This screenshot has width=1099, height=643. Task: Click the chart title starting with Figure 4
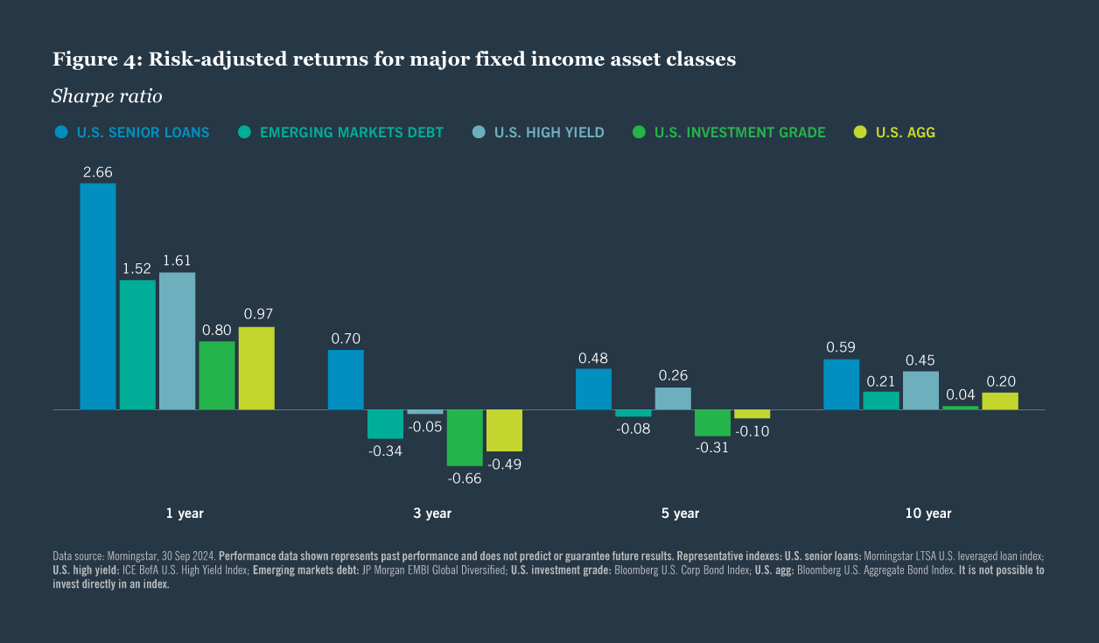(394, 59)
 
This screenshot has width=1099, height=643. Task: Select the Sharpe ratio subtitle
(107, 96)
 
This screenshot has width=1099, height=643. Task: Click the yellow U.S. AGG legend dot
(860, 133)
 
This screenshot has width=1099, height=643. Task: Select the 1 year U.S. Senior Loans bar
(98, 297)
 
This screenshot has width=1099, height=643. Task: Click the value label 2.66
(98, 172)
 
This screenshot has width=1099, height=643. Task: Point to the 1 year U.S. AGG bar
(256, 368)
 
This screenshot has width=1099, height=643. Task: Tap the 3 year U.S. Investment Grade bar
(465, 437)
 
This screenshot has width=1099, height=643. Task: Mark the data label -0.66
(465, 479)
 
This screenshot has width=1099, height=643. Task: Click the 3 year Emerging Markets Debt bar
(385, 423)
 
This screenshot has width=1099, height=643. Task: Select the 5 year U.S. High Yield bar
(673, 399)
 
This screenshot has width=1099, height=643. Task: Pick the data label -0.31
(712, 446)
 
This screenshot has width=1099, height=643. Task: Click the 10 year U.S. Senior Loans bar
(842, 384)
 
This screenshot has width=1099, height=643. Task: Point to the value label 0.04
(961, 395)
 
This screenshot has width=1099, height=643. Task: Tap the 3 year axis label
(432, 514)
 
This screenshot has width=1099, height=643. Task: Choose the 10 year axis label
(927, 514)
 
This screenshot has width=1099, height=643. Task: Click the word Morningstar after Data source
(135, 556)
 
